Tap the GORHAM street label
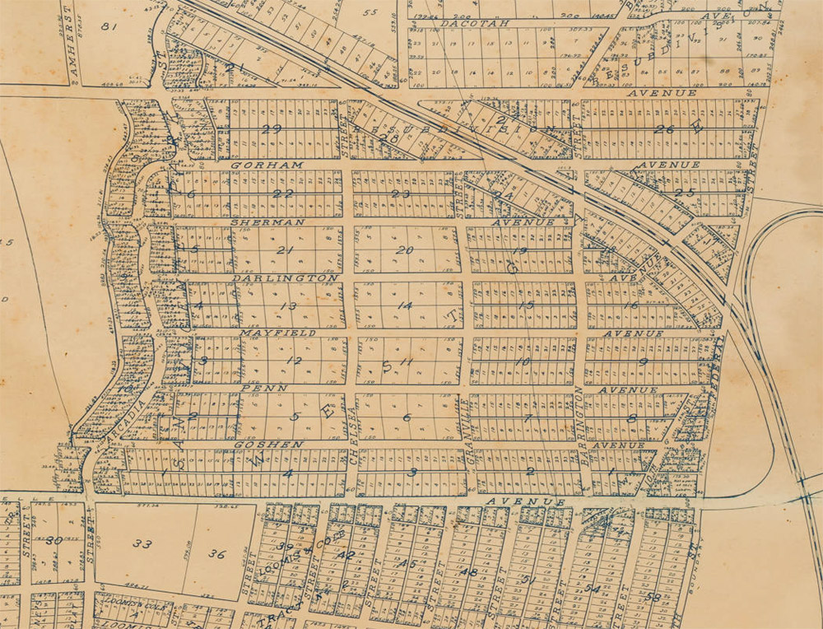click(256, 165)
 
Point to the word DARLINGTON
click(285, 278)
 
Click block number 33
click(142, 544)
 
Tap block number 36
click(216, 554)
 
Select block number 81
click(106, 26)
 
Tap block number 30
click(54, 540)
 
